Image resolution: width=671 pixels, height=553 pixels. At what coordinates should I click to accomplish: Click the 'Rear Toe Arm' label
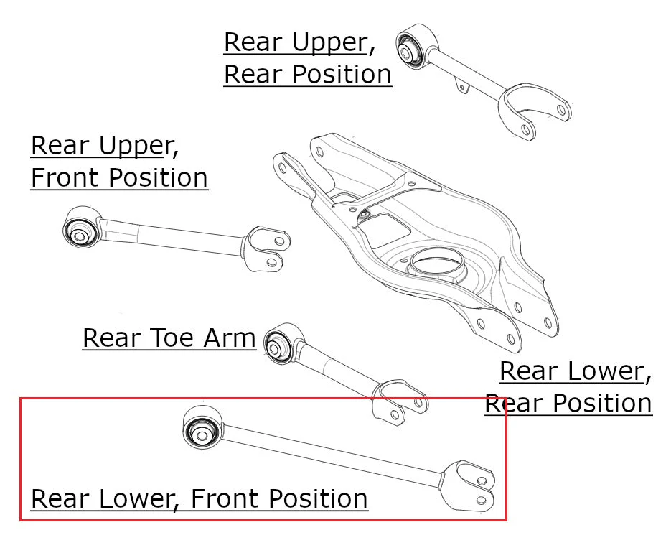(169, 338)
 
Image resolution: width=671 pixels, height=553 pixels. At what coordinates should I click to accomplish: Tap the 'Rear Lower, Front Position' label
(200, 499)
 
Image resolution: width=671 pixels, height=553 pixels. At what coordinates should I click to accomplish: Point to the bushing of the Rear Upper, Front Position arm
(81, 228)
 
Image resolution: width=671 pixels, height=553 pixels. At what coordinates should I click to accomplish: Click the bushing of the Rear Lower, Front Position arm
(202, 428)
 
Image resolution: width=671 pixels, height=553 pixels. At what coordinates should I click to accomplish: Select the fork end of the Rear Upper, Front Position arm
(266, 249)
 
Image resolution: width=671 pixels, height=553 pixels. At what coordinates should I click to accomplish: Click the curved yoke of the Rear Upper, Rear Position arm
(534, 112)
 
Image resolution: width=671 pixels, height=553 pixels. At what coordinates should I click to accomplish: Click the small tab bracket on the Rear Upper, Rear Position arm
(461, 85)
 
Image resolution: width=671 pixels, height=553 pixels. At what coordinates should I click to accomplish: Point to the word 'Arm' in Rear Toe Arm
(230, 338)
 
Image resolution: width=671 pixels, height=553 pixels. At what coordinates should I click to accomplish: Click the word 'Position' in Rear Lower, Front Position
(319, 499)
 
